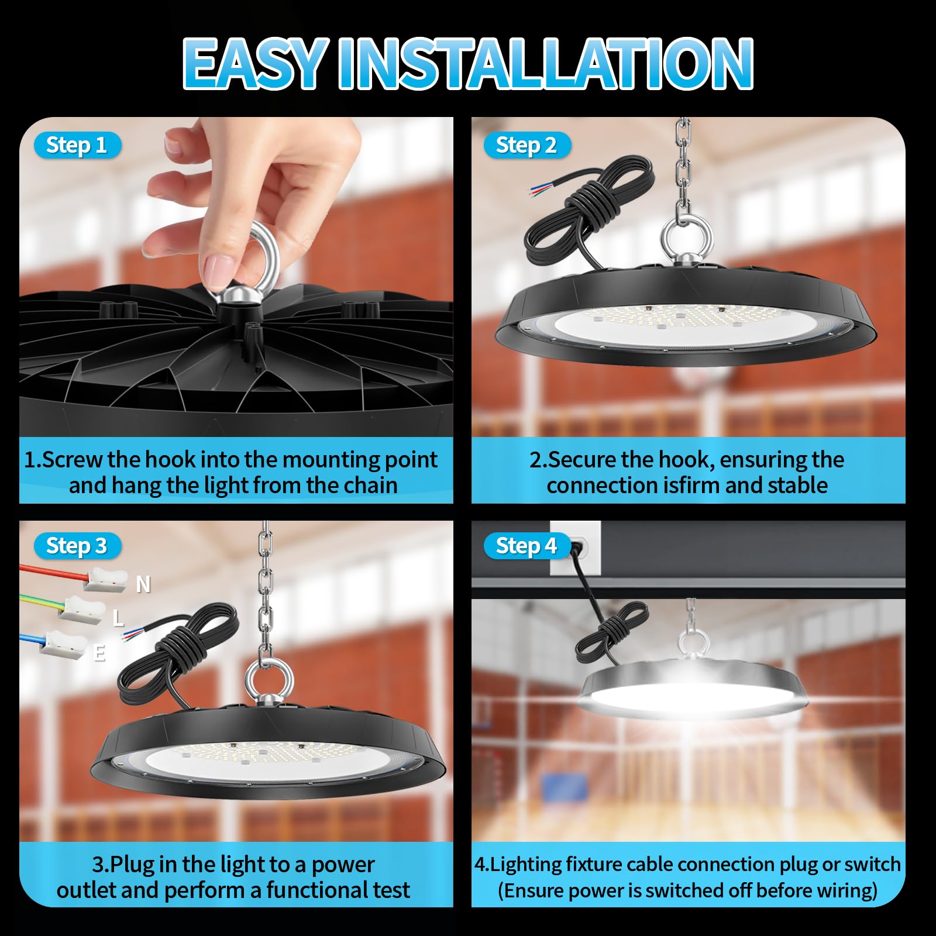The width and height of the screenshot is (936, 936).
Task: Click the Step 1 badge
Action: tap(77, 145)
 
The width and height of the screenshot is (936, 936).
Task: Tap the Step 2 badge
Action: tap(527, 145)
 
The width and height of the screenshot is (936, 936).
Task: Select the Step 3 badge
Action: tap(77, 546)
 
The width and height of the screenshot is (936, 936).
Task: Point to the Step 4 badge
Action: tap(527, 546)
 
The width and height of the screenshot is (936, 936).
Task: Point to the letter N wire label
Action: tap(143, 584)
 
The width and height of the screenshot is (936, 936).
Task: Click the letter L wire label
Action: tap(118, 618)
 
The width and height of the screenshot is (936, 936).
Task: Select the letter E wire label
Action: tap(99, 652)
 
